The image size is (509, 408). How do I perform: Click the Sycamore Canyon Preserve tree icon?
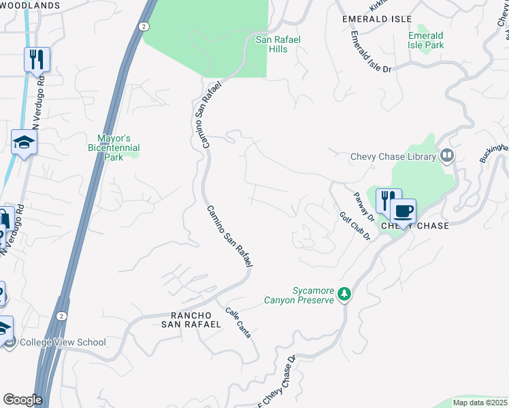tap(345, 294)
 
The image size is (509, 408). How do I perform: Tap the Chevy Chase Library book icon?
tap(446, 156)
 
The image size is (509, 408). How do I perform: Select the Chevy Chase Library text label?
tap(393, 156)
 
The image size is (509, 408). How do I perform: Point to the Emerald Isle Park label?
tap(425, 40)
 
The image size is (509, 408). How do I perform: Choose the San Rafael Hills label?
tap(278, 44)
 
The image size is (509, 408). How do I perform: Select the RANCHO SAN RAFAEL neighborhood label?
tap(191, 320)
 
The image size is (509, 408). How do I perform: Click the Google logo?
tap(22, 399)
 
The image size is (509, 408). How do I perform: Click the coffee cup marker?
tap(403, 211)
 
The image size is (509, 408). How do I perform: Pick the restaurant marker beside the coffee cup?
tap(387, 201)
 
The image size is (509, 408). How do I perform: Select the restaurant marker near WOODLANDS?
tap(37, 59)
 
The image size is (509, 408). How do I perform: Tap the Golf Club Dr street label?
tap(355, 226)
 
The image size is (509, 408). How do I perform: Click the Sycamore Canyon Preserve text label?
tap(303, 294)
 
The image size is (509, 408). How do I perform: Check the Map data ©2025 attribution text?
tap(479, 403)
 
